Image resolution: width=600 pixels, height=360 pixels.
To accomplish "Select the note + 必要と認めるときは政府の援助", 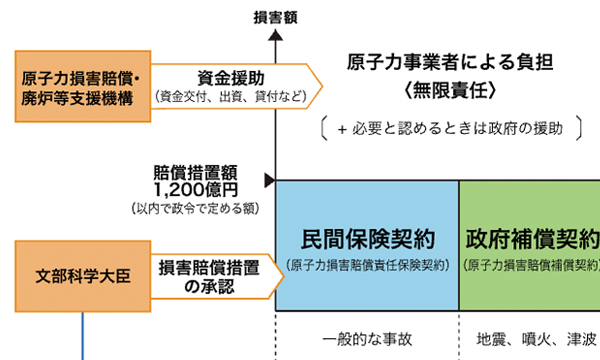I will tap(449, 128).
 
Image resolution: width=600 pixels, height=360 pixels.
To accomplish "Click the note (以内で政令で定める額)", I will tap(196, 207).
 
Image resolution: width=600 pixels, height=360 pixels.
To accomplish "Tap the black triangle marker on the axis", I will tap(269, 180).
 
